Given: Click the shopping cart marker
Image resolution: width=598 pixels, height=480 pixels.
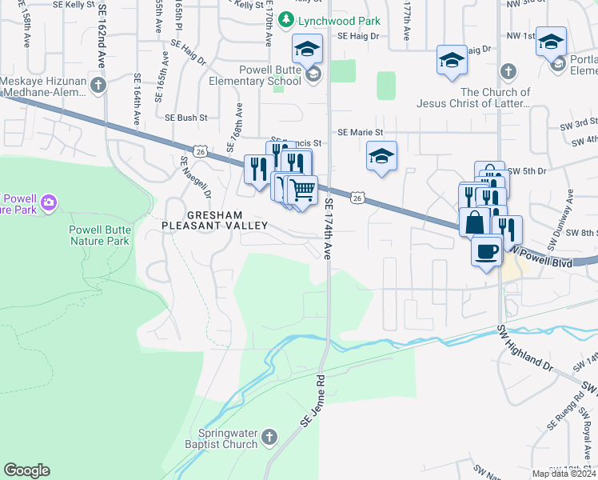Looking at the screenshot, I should (302, 191).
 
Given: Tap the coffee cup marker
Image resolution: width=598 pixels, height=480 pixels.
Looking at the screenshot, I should (487, 252).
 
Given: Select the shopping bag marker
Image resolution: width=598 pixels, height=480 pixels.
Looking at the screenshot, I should (474, 222).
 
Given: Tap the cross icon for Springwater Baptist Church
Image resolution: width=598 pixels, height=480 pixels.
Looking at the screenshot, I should (269, 437).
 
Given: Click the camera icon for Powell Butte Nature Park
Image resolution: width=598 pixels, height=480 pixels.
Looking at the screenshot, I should (48, 202).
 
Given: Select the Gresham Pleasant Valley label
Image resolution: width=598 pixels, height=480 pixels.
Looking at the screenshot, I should (216, 221).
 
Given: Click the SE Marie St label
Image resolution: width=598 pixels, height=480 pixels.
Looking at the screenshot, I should (361, 132).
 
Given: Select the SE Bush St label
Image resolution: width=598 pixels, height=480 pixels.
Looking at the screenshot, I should (185, 118).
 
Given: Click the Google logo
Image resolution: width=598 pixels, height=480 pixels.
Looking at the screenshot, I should (26, 470).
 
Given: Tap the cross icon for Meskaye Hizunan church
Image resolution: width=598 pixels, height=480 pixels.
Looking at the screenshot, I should (98, 85).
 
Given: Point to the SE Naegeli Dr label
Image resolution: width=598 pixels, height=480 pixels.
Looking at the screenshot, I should (196, 175).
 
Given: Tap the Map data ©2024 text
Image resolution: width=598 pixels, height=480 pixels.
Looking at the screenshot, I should (564, 474).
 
